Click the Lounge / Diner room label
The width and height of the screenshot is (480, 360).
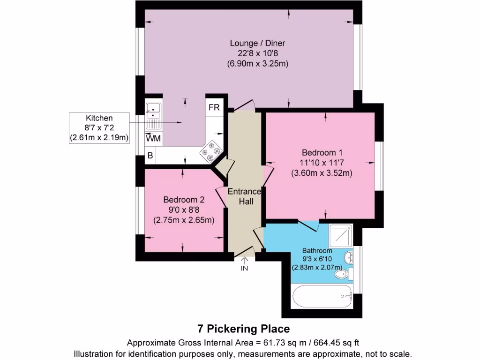257,43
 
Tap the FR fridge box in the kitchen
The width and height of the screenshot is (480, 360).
214,107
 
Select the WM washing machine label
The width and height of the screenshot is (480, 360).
152,139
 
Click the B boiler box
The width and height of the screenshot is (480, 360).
150,156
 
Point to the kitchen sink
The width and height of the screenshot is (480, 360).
153,116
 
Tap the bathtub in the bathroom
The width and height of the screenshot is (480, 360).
322,296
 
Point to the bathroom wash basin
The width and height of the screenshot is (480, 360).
348,258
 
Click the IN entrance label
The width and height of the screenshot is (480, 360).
244,269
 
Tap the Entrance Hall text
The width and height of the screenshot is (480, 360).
244,196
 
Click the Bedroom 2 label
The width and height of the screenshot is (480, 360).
184,199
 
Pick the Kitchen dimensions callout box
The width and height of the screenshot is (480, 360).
99,127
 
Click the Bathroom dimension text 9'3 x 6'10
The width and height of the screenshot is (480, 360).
317,259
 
